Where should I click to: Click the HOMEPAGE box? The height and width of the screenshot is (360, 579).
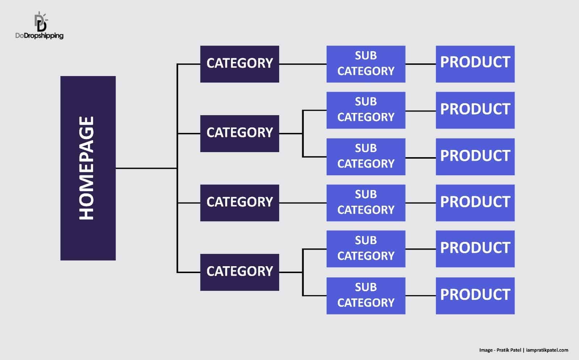[x=88, y=168]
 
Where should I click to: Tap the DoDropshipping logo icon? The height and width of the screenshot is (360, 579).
[x=41, y=22]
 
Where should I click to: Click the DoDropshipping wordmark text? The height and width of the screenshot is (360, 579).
[x=39, y=35]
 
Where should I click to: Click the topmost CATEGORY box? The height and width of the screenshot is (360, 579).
[x=239, y=64]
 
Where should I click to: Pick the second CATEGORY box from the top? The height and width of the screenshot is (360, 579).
[x=239, y=133]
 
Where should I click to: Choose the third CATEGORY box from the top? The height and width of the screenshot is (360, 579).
[x=239, y=203]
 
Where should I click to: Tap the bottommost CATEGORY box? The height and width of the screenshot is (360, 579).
[x=239, y=272]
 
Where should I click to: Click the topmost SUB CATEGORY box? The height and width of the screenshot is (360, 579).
[x=366, y=64]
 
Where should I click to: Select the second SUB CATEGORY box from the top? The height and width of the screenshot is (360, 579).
[x=366, y=110]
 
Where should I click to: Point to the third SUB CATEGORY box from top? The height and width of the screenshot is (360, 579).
[x=366, y=156]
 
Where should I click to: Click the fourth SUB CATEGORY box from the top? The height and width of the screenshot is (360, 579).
[x=366, y=203]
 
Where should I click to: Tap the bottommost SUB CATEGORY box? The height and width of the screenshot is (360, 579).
[x=366, y=296]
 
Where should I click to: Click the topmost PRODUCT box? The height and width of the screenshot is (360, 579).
[x=475, y=64]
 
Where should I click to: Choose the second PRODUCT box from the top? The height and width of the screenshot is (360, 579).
[x=475, y=110]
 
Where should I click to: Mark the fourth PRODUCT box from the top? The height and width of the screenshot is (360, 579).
[x=475, y=203]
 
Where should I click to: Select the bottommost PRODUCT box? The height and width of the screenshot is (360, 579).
[x=475, y=296]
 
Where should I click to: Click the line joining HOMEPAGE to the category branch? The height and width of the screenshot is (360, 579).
[x=146, y=168]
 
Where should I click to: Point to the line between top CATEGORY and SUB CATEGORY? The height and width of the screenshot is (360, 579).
[x=303, y=64]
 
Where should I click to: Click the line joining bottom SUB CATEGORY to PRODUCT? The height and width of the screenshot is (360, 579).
[x=420, y=296]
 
